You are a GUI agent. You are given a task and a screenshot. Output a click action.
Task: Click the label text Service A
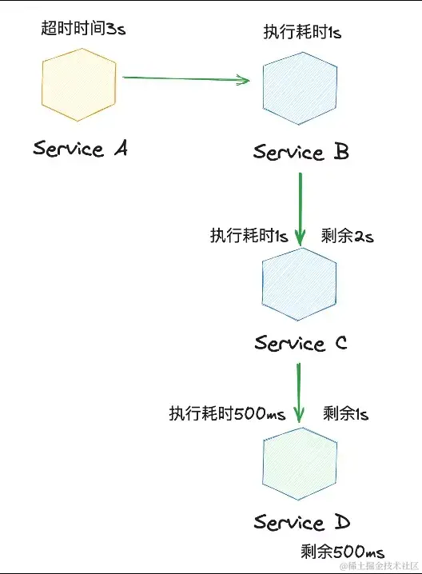pos(80,149)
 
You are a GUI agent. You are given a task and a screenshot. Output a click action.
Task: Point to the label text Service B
pos(301,152)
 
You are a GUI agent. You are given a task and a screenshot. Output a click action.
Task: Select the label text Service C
pos(301,343)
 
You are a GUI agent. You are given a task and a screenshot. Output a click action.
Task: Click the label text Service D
pos(301,523)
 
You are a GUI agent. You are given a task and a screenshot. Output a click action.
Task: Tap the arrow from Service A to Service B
pos(187,78)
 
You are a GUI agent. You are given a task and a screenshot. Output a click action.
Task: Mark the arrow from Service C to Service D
pos(300,393)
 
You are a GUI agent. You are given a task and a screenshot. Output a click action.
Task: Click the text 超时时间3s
pos(83,29)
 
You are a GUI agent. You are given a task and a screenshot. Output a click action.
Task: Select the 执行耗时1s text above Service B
pos(301,32)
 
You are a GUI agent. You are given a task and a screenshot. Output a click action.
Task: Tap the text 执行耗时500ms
pos(227,414)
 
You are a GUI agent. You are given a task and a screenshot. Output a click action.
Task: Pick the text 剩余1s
pos(346,414)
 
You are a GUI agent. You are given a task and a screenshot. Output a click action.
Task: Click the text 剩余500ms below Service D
pos(343,552)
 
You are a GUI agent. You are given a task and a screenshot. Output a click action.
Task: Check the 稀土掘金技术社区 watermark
pos(380,566)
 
